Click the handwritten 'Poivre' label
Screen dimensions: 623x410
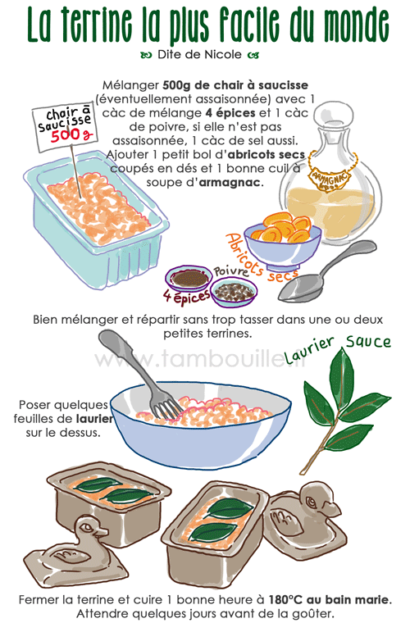232,270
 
